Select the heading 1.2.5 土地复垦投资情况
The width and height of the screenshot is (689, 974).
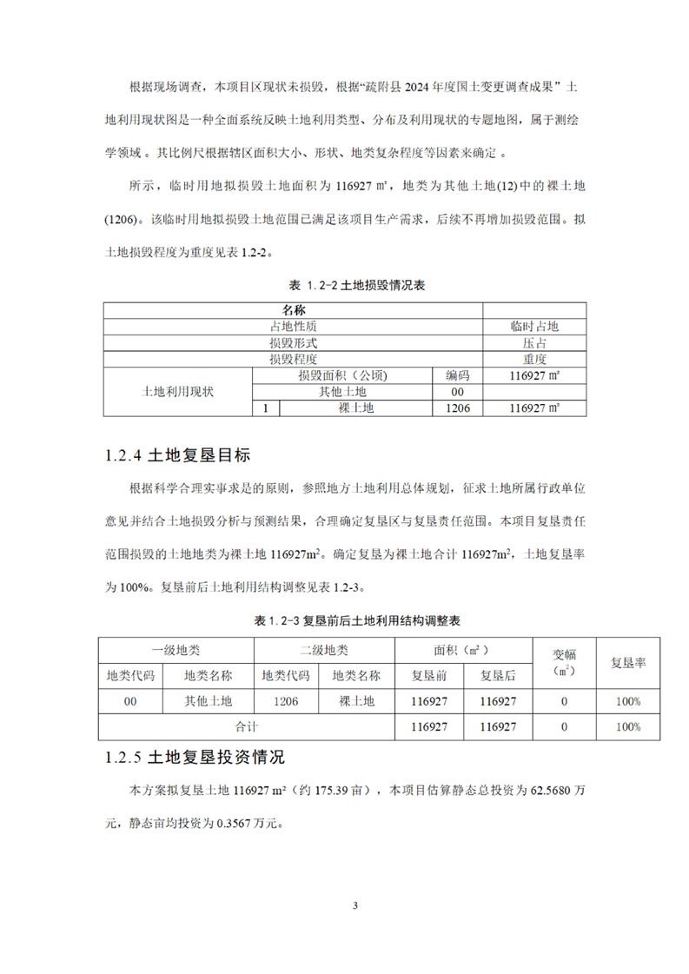(x=193, y=757)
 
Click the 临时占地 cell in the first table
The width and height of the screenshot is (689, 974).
(x=533, y=326)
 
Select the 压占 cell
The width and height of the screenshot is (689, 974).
(x=533, y=342)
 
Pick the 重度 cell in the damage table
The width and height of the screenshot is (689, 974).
(x=533, y=358)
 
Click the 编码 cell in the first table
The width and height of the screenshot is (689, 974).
(x=458, y=375)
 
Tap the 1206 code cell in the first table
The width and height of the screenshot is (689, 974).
(x=458, y=407)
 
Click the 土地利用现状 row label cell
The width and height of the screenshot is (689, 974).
(x=177, y=392)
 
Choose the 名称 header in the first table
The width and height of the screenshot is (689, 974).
(x=294, y=309)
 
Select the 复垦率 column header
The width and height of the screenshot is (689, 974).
(x=626, y=663)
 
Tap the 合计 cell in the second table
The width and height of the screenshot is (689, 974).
(x=247, y=726)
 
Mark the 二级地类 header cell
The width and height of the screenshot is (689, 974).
(x=324, y=649)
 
